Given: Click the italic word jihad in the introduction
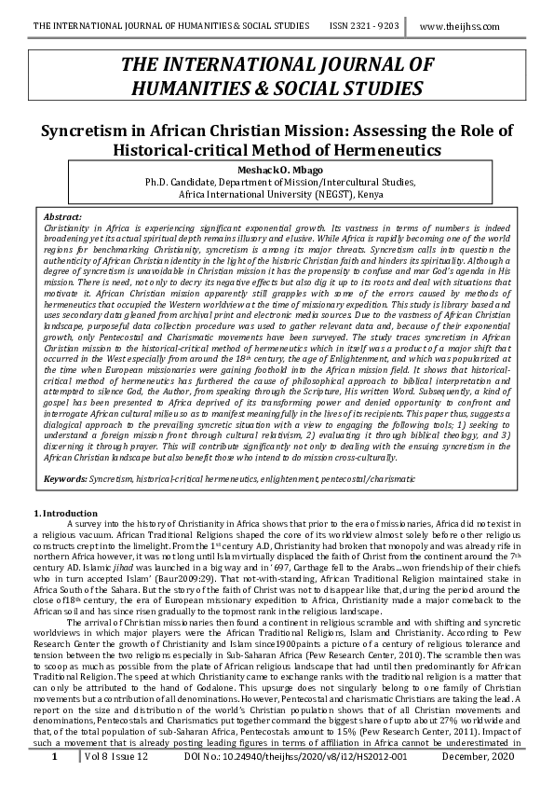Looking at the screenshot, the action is coord(131,562).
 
